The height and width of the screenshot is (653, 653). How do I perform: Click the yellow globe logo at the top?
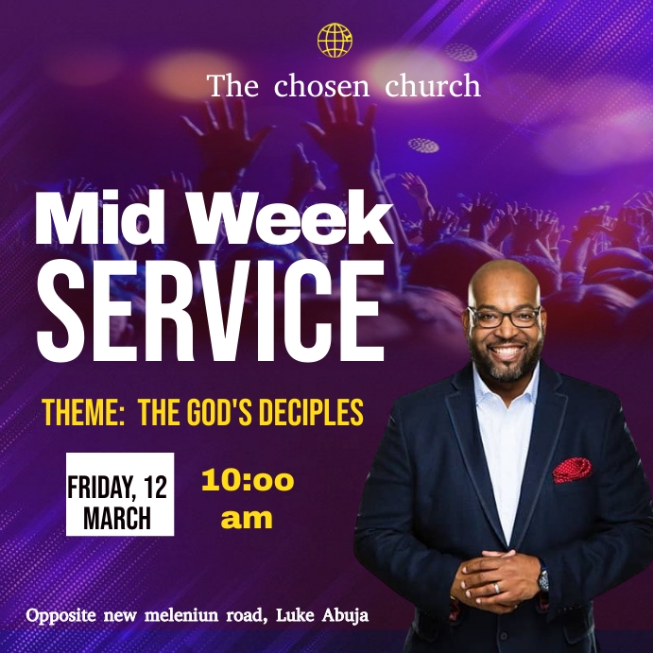(335, 41)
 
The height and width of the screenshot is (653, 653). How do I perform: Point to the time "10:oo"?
(248, 481)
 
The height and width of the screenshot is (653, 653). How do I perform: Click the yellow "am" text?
(247, 518)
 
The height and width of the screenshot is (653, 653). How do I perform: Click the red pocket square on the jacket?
(573, 468)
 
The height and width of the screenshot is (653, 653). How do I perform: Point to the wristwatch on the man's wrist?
(543, 578)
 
